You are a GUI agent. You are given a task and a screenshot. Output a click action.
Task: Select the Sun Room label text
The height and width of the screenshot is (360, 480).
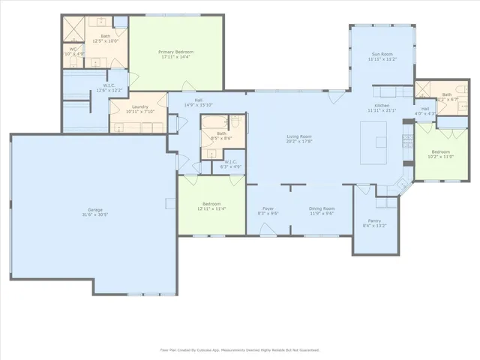(382, 54)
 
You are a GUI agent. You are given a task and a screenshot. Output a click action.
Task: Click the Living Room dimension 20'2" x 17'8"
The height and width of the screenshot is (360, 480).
(299, 141)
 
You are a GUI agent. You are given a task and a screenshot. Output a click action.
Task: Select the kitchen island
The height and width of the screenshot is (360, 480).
(374, 142)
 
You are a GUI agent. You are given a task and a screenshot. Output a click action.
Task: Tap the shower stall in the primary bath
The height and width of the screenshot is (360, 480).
(74, 28)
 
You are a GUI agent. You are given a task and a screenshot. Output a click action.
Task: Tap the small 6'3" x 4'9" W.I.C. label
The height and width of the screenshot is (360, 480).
(230, 164)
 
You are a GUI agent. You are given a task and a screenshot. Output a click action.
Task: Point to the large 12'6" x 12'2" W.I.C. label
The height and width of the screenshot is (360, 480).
(109, 88)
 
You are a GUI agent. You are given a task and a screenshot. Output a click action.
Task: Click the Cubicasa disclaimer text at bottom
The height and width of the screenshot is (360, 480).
(240, 349)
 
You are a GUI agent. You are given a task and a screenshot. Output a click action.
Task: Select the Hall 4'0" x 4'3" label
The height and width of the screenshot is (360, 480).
(425, 111)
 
